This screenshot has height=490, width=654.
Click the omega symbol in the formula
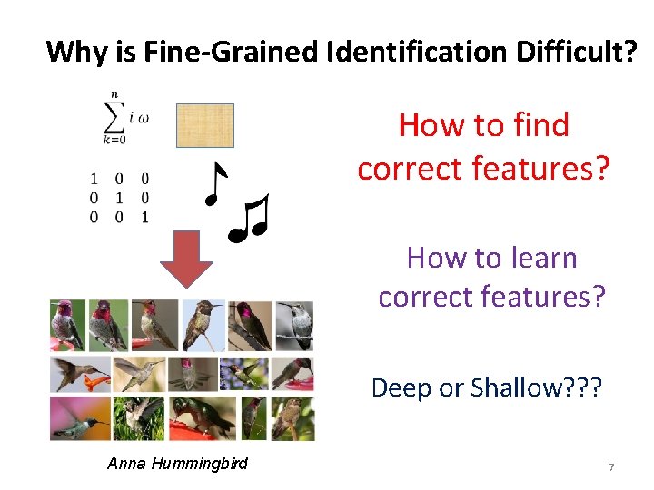[143, 117]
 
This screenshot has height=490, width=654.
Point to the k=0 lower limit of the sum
[114, 140]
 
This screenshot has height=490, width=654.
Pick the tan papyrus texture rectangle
[204, 125]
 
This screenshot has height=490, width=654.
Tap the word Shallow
[514, 388]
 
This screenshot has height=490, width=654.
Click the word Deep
[402, 388]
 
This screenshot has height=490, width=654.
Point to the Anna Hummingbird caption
[177, 464]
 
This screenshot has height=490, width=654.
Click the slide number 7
[611, 466]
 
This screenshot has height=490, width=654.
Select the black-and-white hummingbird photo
[296, 326]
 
